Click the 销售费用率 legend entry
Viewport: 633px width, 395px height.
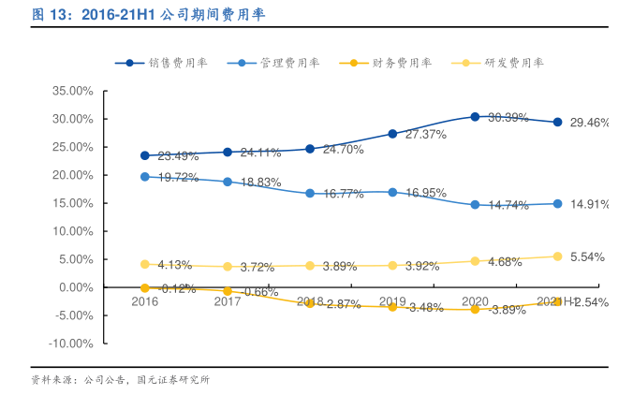tap(178, 63)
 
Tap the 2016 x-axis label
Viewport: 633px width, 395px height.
tap(144, 301)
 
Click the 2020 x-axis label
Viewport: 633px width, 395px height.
tap(475, 301)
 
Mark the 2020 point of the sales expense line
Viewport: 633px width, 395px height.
tap(475, 117)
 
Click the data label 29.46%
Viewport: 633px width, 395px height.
tap(589, 123)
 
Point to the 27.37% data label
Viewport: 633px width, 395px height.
tap(425, 135)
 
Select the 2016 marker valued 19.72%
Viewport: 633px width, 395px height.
tap(145, 177)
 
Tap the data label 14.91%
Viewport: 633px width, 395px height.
tap(589, 204)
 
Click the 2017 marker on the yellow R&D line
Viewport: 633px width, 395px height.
tap(228, 267)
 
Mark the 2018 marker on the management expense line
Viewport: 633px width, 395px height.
tap(310, 193)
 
